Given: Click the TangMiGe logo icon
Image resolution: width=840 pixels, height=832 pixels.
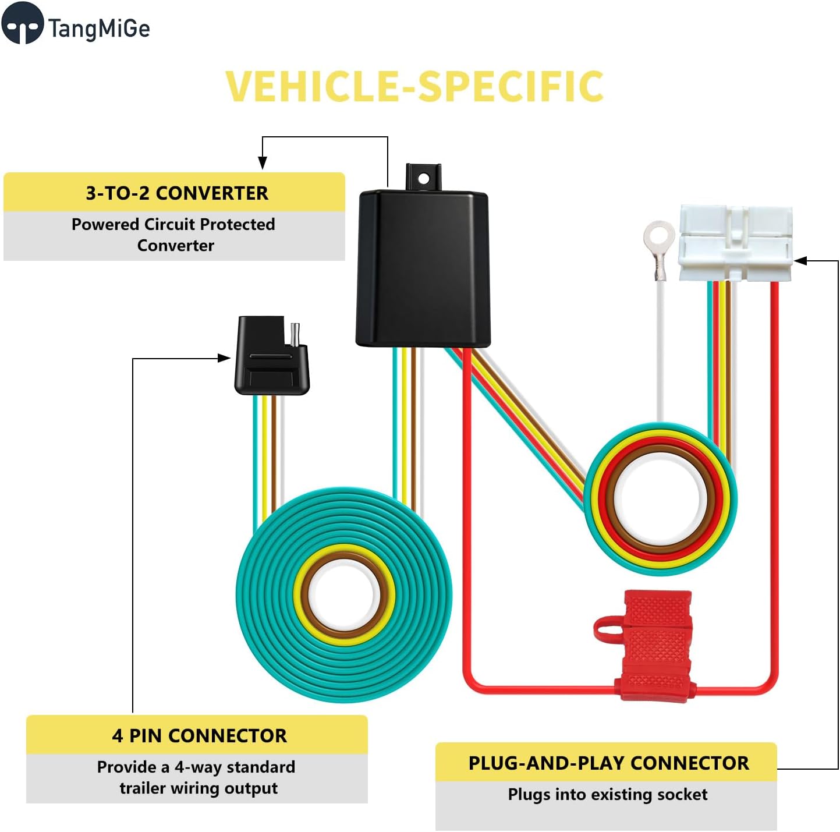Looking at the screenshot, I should click(22, 24).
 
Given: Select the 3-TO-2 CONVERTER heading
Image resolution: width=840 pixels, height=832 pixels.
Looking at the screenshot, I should click(177, 193).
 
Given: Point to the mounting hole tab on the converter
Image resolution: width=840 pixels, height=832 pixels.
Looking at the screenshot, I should click(423, 177).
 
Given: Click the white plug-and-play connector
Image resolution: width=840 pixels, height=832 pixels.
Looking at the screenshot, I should click(735, 243).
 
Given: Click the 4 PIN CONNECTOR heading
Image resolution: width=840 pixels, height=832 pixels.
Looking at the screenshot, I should click(199, 736).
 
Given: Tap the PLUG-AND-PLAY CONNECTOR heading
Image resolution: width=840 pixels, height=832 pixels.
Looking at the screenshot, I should click(608, 763).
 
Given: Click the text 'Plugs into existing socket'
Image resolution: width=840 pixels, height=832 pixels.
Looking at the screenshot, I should click(607, 794).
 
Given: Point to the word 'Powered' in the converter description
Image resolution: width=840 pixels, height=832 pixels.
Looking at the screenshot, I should click(105, 225).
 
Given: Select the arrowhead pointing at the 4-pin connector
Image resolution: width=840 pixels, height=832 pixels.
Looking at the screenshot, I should click(224, 358).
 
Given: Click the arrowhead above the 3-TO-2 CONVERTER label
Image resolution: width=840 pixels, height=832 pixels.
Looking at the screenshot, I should click(263, 162).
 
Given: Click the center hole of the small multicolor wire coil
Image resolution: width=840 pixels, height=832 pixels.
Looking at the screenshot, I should click(660, 499).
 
